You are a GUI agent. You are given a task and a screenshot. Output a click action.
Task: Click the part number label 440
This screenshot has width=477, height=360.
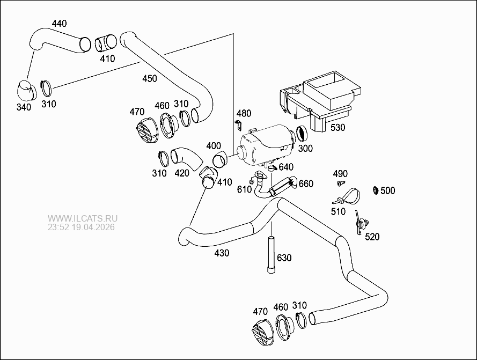(59, 23)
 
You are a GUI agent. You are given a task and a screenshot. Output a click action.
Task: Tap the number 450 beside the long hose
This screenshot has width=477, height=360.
(149, 78)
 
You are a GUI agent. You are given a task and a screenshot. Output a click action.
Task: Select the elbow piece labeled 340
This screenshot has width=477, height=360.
(24, 90)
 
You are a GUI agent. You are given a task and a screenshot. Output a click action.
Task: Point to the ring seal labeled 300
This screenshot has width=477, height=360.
(302, 132)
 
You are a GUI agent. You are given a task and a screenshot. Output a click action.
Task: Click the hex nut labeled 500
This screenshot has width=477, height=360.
(375, 190)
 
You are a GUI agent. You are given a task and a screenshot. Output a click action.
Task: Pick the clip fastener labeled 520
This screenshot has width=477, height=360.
(361, 222)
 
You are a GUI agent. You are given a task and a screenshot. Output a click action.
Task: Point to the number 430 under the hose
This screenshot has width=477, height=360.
(221, 253)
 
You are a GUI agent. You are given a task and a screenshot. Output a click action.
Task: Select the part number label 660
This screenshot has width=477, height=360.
(305, 184)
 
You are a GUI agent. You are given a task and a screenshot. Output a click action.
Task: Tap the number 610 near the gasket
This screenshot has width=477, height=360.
(244, 189)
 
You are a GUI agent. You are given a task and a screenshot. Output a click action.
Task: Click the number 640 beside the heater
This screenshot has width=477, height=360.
(285, 167)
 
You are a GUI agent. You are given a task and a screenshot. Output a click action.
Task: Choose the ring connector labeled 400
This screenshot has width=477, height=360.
(219, 159)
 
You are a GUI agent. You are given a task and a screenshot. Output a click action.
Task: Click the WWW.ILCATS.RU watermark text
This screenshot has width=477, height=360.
(82, 218)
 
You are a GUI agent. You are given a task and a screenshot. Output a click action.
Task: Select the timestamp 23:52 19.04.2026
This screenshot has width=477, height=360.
(81, 227)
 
